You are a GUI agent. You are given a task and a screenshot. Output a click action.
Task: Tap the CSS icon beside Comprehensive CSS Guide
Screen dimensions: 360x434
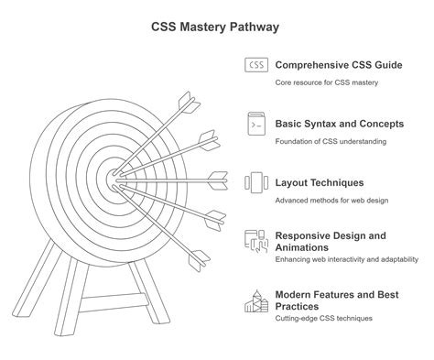(x=255, y=65)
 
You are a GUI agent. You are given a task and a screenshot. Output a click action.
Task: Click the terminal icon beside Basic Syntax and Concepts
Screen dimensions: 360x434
(x=255, y=124)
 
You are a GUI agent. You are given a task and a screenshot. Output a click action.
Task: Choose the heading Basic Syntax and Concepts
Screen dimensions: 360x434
(x=338, y=124)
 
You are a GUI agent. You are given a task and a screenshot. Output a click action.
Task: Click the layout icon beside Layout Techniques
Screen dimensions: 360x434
(x=255, y=182)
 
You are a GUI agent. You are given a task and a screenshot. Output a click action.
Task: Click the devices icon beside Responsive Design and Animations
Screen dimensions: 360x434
(x=255, y=241)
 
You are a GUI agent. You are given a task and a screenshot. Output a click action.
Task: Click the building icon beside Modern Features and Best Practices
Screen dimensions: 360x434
(x=255, y=300)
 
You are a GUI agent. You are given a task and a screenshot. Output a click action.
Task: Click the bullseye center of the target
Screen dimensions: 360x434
(x=112, y=171)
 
